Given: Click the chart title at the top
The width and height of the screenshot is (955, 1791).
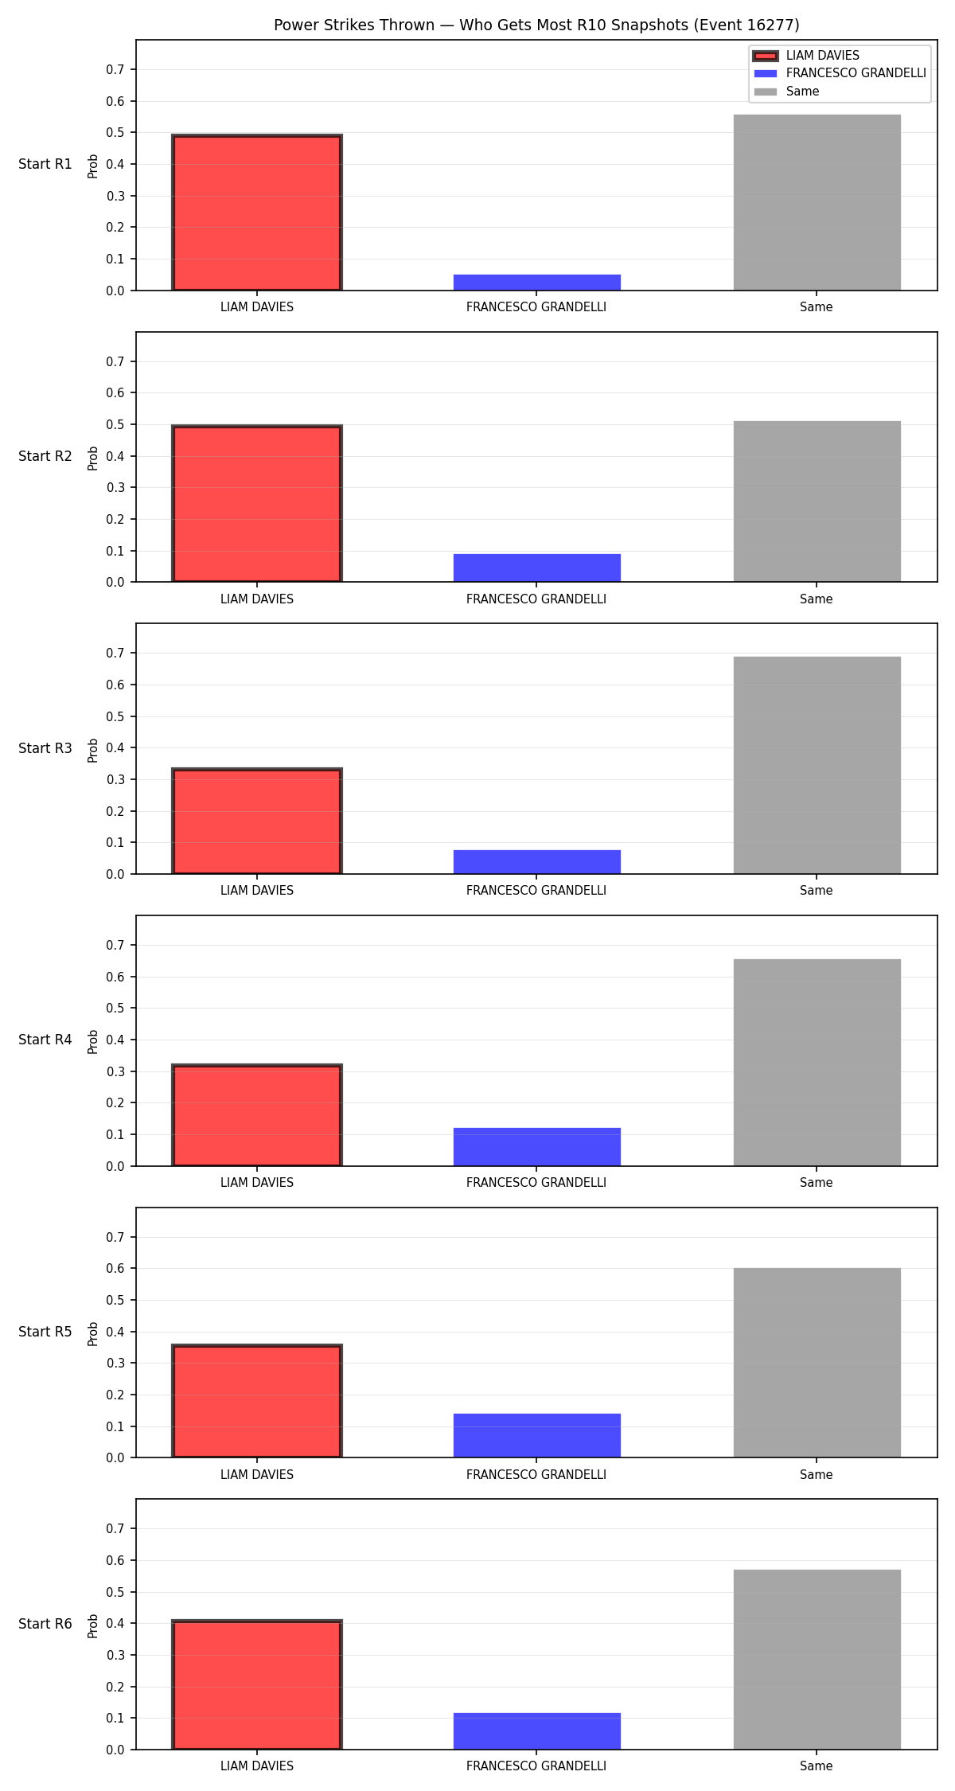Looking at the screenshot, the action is (536, 25).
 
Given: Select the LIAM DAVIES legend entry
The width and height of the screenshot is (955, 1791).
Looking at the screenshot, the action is (806, 56).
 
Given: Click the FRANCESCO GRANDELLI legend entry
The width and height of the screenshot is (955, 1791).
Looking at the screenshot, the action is (840, 73).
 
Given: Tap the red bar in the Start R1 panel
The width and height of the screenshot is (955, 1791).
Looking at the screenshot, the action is (257, 213).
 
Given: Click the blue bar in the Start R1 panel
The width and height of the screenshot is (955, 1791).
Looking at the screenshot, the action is (537, 283).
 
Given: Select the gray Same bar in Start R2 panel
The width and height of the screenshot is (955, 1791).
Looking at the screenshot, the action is (817, 501).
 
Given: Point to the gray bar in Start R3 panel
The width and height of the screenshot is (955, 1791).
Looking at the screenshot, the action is (817, 765).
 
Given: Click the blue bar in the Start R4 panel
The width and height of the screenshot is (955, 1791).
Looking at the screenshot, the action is (537, 1147).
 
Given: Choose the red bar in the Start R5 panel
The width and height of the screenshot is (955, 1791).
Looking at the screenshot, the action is (257, 1402).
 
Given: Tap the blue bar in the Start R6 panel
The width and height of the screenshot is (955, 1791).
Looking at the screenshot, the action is (537, 1731).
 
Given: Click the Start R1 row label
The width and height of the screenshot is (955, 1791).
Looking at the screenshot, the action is (45, 164).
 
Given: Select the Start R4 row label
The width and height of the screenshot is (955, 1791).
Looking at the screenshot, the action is (45, 1040).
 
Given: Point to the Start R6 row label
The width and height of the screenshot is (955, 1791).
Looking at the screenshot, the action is (45, 1624).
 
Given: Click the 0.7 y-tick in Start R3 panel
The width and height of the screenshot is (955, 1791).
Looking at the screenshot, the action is (116, 654).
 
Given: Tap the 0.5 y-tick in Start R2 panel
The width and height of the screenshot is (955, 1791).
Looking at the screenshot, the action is (116, 424).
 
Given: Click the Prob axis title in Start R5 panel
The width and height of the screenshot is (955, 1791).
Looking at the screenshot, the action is (93, 1333).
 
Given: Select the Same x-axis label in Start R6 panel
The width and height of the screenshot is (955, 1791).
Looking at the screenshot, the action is (817, 1766).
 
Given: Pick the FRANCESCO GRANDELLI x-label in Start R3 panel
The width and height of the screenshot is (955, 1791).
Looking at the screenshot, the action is (536, 891).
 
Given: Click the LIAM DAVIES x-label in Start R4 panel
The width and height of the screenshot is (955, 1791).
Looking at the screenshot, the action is (257, 1183).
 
